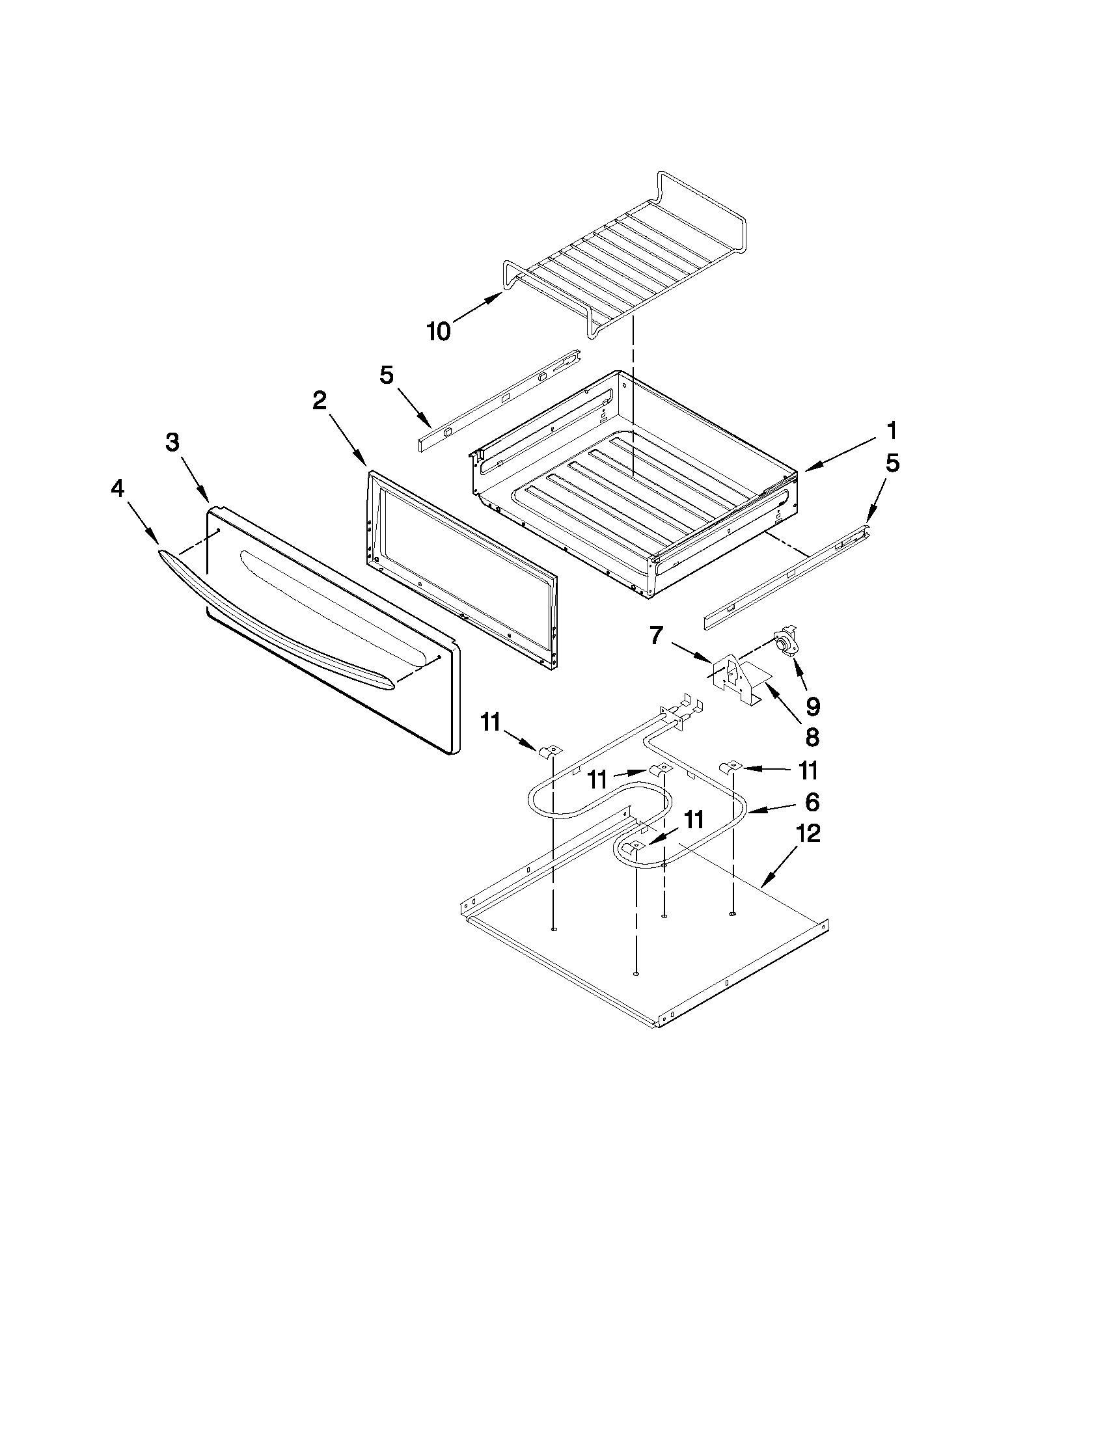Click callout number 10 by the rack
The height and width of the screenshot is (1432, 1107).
[439, 331]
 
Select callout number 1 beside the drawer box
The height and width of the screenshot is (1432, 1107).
[891, 431]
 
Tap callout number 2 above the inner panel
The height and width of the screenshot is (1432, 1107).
[319, 400]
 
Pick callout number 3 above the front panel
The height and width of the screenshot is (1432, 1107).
[172, 442]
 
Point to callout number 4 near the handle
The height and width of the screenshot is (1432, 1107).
[117, 489]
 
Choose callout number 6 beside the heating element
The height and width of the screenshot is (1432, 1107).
[812, 802]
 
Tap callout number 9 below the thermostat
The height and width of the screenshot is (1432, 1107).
[813, 705]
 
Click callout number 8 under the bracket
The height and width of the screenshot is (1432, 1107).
[812, 737]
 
